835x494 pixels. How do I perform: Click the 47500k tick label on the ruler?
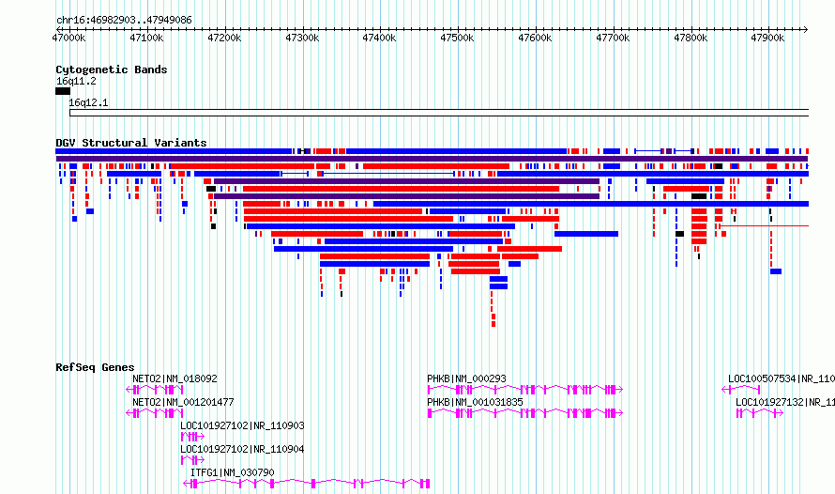click(457, 38)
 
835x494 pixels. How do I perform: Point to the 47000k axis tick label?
click(68, 38)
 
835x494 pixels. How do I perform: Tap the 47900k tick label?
click(767, 38)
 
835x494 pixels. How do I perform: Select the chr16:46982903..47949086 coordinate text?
click(124, 21)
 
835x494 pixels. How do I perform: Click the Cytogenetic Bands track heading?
click(112, 69)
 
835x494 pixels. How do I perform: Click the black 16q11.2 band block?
click(63, 91)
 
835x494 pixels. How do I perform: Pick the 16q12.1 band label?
click(88, 102)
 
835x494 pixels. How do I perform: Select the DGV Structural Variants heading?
click(131, 143)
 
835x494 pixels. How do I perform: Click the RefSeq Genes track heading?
click(95, 367)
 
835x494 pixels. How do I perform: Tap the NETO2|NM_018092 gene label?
click(175, 378)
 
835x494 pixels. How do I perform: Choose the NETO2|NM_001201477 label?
click(183, 402)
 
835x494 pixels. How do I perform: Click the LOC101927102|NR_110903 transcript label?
click(242, 425)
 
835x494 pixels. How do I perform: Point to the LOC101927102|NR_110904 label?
click(242, 449)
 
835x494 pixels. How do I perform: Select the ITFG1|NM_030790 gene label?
click(232, 472)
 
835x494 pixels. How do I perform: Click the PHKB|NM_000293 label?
click(466, 378)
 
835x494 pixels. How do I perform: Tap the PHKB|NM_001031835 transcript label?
click(475, 402)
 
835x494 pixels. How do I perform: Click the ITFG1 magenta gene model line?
click(306, 483)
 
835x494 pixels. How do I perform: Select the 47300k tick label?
click(302, 38)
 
